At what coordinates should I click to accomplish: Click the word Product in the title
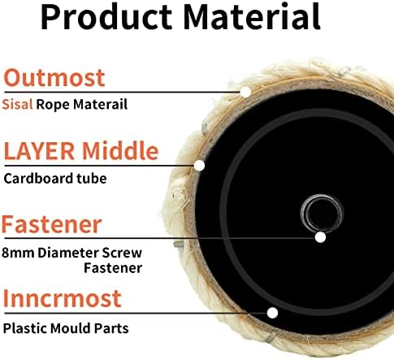106,17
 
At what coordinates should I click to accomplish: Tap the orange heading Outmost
54,78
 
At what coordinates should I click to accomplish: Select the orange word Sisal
17,104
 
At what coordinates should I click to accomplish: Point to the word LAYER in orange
39,151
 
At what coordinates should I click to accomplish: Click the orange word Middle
120,150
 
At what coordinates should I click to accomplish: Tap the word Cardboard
38,179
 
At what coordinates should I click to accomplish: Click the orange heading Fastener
52,224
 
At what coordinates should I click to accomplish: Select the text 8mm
18,254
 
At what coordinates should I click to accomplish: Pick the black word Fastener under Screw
113,268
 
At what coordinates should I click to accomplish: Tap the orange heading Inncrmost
62,298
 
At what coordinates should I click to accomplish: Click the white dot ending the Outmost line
245,92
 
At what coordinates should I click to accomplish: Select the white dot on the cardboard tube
200,166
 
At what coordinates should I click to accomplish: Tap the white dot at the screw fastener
320,237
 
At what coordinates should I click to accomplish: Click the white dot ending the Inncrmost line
272,313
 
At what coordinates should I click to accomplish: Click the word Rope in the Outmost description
53,105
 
